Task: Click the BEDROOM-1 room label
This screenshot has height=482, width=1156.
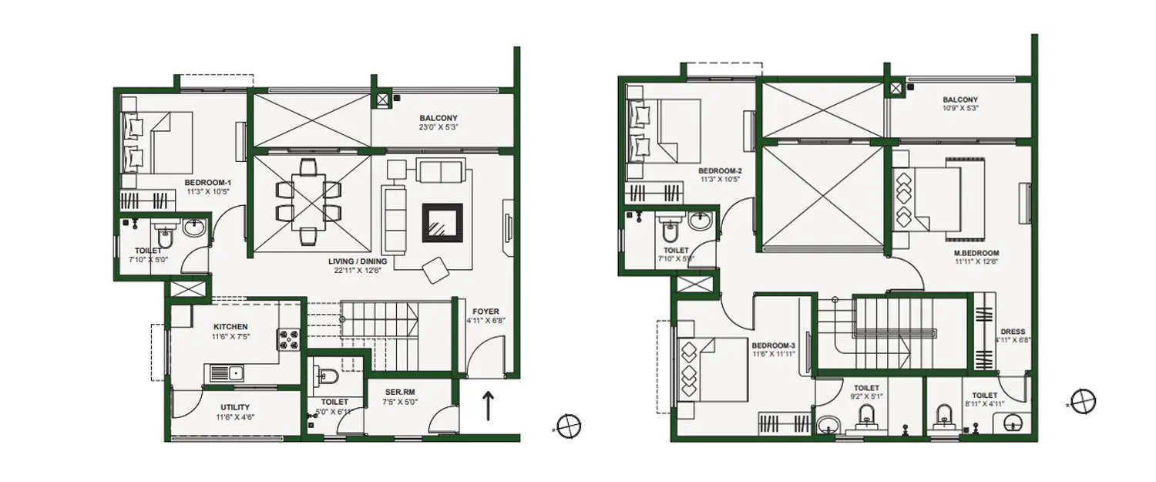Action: coord(208,183)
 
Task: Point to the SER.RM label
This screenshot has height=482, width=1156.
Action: coord(401,392)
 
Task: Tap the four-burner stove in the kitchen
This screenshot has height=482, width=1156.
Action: coord(288,339)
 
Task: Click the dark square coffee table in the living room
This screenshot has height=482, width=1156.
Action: coord(442,224)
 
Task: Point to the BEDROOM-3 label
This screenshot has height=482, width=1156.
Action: coord(773,345)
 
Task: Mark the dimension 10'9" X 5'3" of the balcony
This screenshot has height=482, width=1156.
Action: coord(960,109)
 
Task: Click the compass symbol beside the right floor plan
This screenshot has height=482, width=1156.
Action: coord(1083,401)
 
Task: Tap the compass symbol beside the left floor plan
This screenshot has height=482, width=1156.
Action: coord(569,425)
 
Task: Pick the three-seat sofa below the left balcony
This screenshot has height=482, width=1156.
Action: coord(440,170)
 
